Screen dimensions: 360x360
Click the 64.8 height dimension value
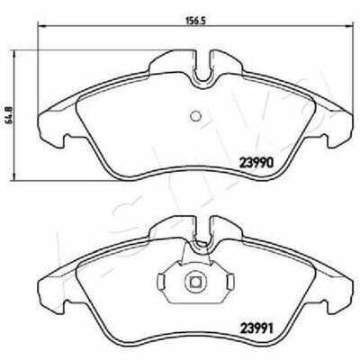click(9, 116)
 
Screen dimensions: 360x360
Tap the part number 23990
click(256, 163)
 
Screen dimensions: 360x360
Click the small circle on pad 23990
click(196, 116)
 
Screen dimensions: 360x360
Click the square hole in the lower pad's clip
click(195, 283)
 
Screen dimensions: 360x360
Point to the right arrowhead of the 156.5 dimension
click(348, 26)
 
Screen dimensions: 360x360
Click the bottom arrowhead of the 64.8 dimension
click(13, 176)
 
